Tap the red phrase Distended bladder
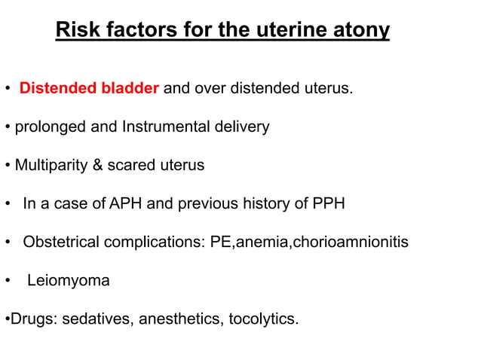89,89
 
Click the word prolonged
48,127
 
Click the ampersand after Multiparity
97,165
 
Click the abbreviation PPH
329,203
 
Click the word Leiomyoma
68,281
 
